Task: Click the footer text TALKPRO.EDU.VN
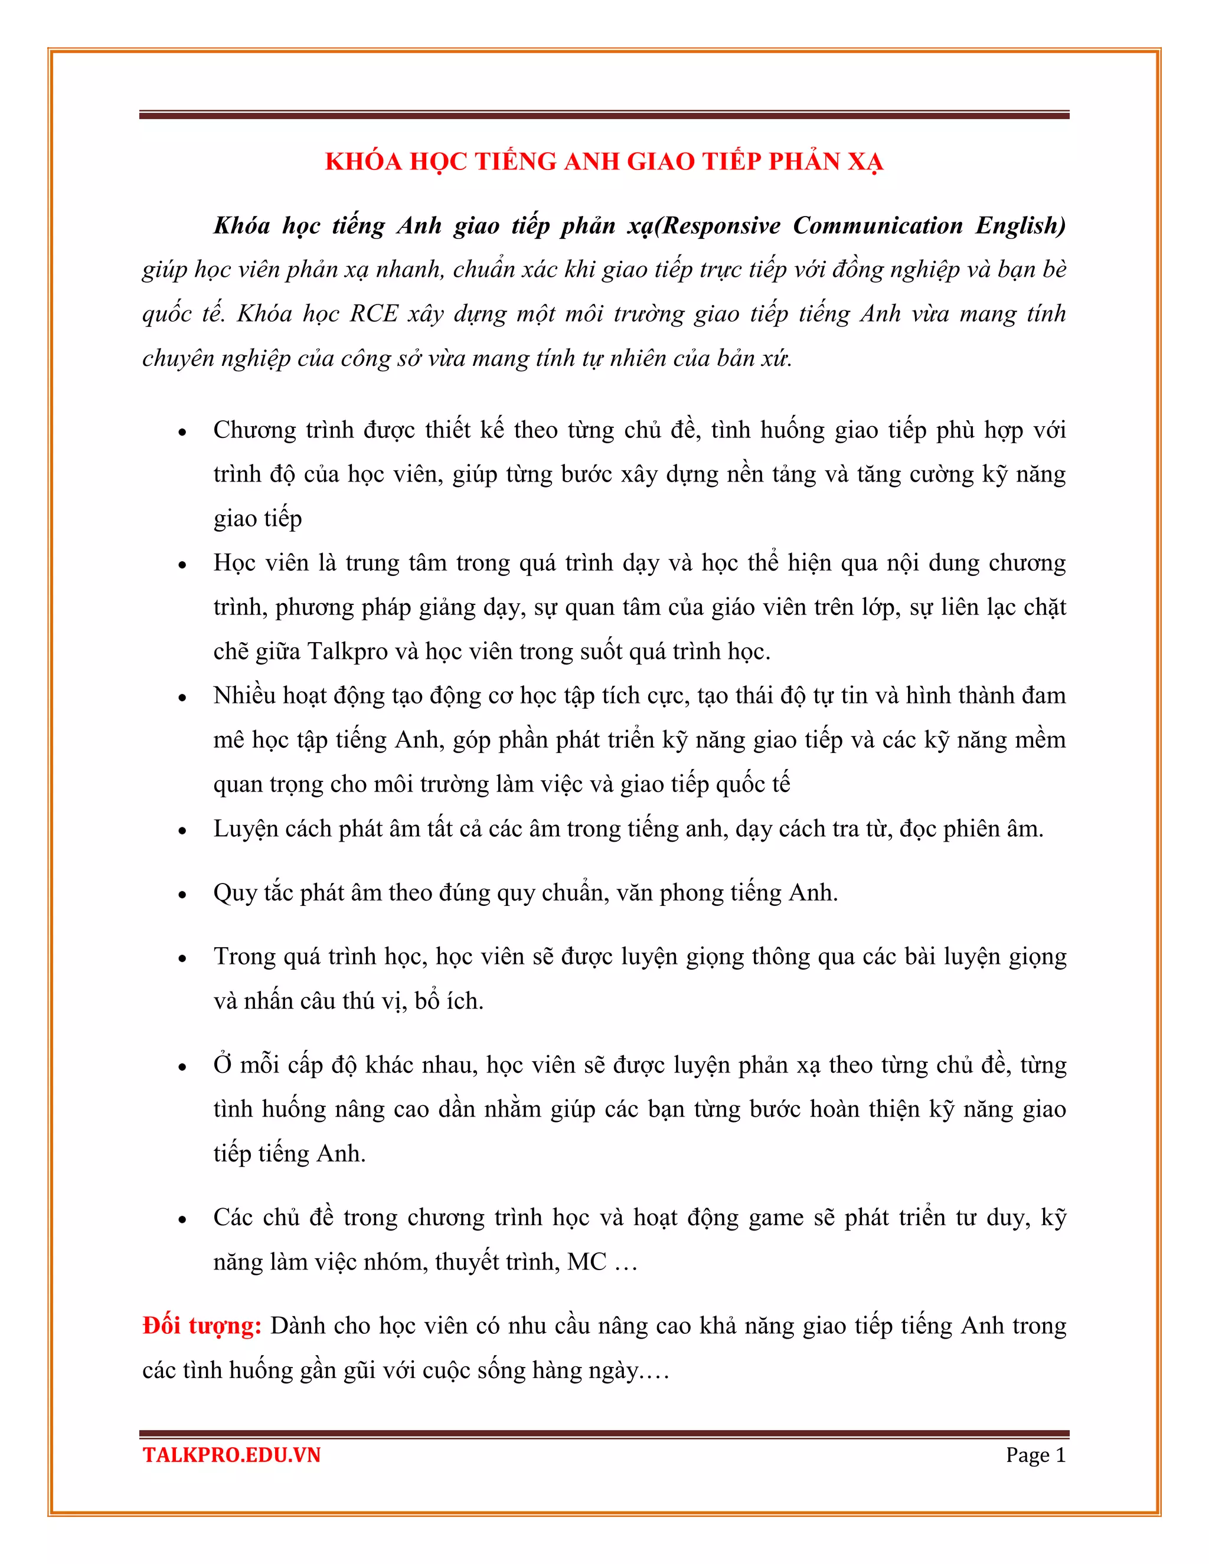click(231, 1456)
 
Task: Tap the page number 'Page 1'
click(1035, 1455)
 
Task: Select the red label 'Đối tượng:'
click(202, 1326)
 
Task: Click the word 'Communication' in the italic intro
click(877, 225)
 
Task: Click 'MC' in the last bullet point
click(587, 1262)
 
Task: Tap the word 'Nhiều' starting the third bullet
click(244, 696)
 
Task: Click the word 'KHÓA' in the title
click(363, 162)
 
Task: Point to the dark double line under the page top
click(604, 114)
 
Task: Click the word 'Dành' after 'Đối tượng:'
click(295, 1326)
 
